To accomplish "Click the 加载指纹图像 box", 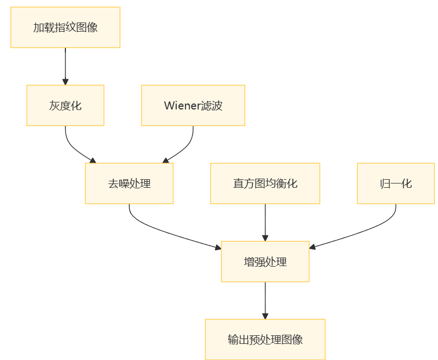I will (65, 27).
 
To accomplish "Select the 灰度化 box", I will (65, 106).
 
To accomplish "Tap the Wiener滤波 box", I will (193, 106).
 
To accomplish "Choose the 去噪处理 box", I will (129, 183).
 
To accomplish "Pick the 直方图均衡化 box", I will (265, 183).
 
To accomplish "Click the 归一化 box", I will (396, 183).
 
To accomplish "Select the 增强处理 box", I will (265, 262).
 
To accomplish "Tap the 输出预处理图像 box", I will (265, 340).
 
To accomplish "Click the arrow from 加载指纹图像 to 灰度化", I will (65, 65).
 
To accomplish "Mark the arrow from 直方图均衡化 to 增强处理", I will (265, 221).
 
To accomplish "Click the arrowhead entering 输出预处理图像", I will (265, 316).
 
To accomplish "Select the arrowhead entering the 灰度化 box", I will (65, 82).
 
